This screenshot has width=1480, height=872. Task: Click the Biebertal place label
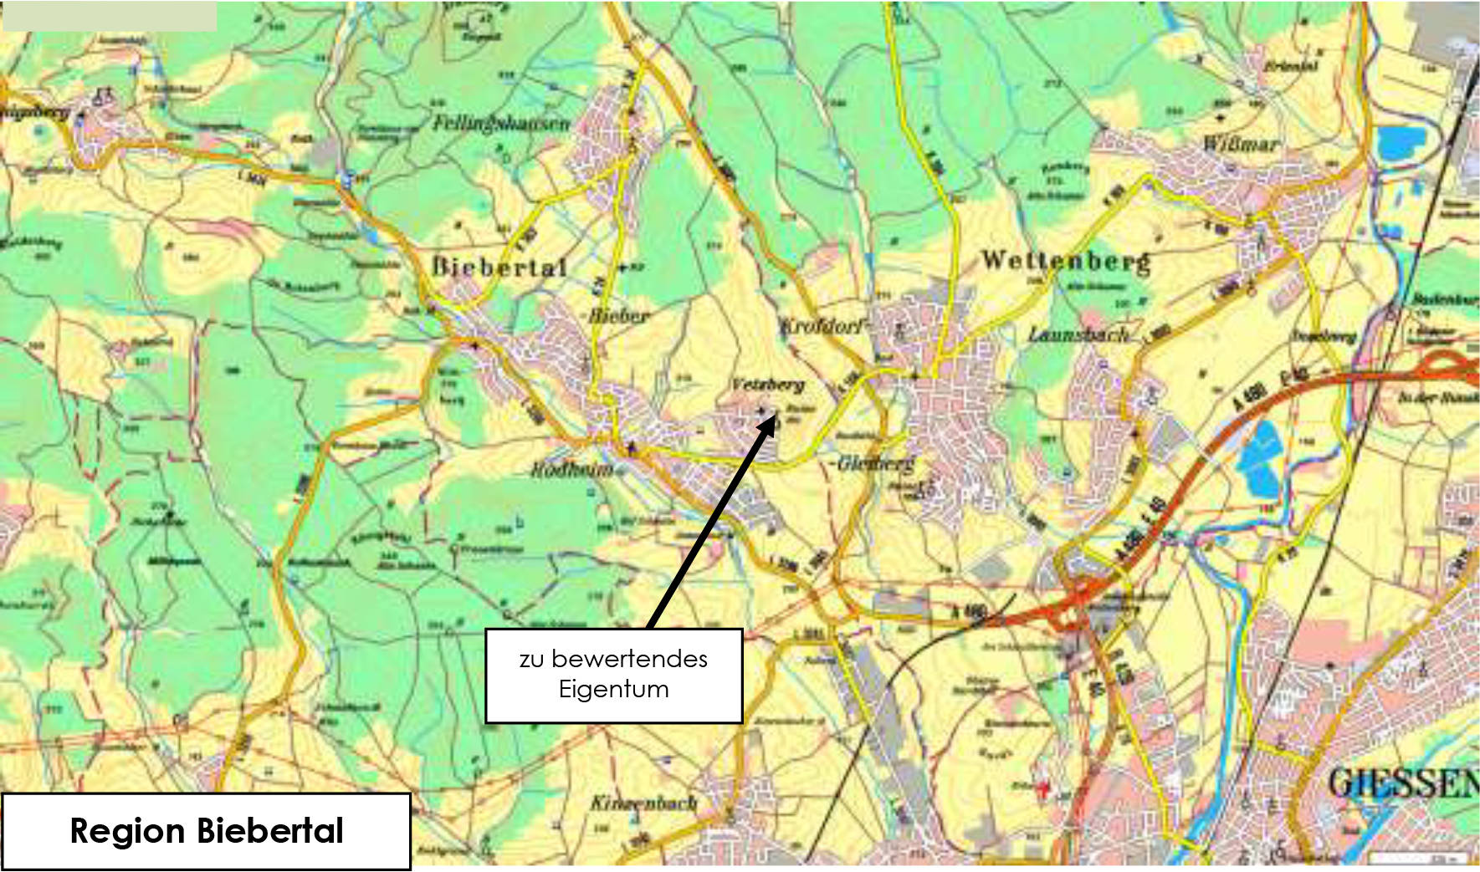[499, 268]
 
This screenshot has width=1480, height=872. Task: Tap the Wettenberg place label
[1065, 261]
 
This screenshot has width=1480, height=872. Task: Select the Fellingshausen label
[500, 123]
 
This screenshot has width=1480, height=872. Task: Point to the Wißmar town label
[1240, 144]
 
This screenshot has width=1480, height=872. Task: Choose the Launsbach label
[1078, 335]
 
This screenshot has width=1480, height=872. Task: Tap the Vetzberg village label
[767, 385]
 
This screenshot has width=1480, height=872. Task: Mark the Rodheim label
[571, 470]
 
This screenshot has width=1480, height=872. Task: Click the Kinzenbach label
[643, 803]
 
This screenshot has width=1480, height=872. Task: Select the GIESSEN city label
[1401, 783]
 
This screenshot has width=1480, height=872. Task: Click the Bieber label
[618, 316]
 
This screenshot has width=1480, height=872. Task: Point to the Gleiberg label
[875, 462]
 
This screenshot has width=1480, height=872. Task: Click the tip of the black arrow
[774, 416]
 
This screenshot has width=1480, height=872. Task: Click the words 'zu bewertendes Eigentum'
[613, 674]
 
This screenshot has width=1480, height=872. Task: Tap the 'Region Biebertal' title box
[206, 831]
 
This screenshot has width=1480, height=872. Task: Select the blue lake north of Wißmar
[1400, 143]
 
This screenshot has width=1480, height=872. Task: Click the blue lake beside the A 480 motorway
[1260, 461]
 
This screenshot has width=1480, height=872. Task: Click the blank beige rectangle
[110, 16]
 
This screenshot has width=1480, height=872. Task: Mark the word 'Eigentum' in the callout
[613, 690]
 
